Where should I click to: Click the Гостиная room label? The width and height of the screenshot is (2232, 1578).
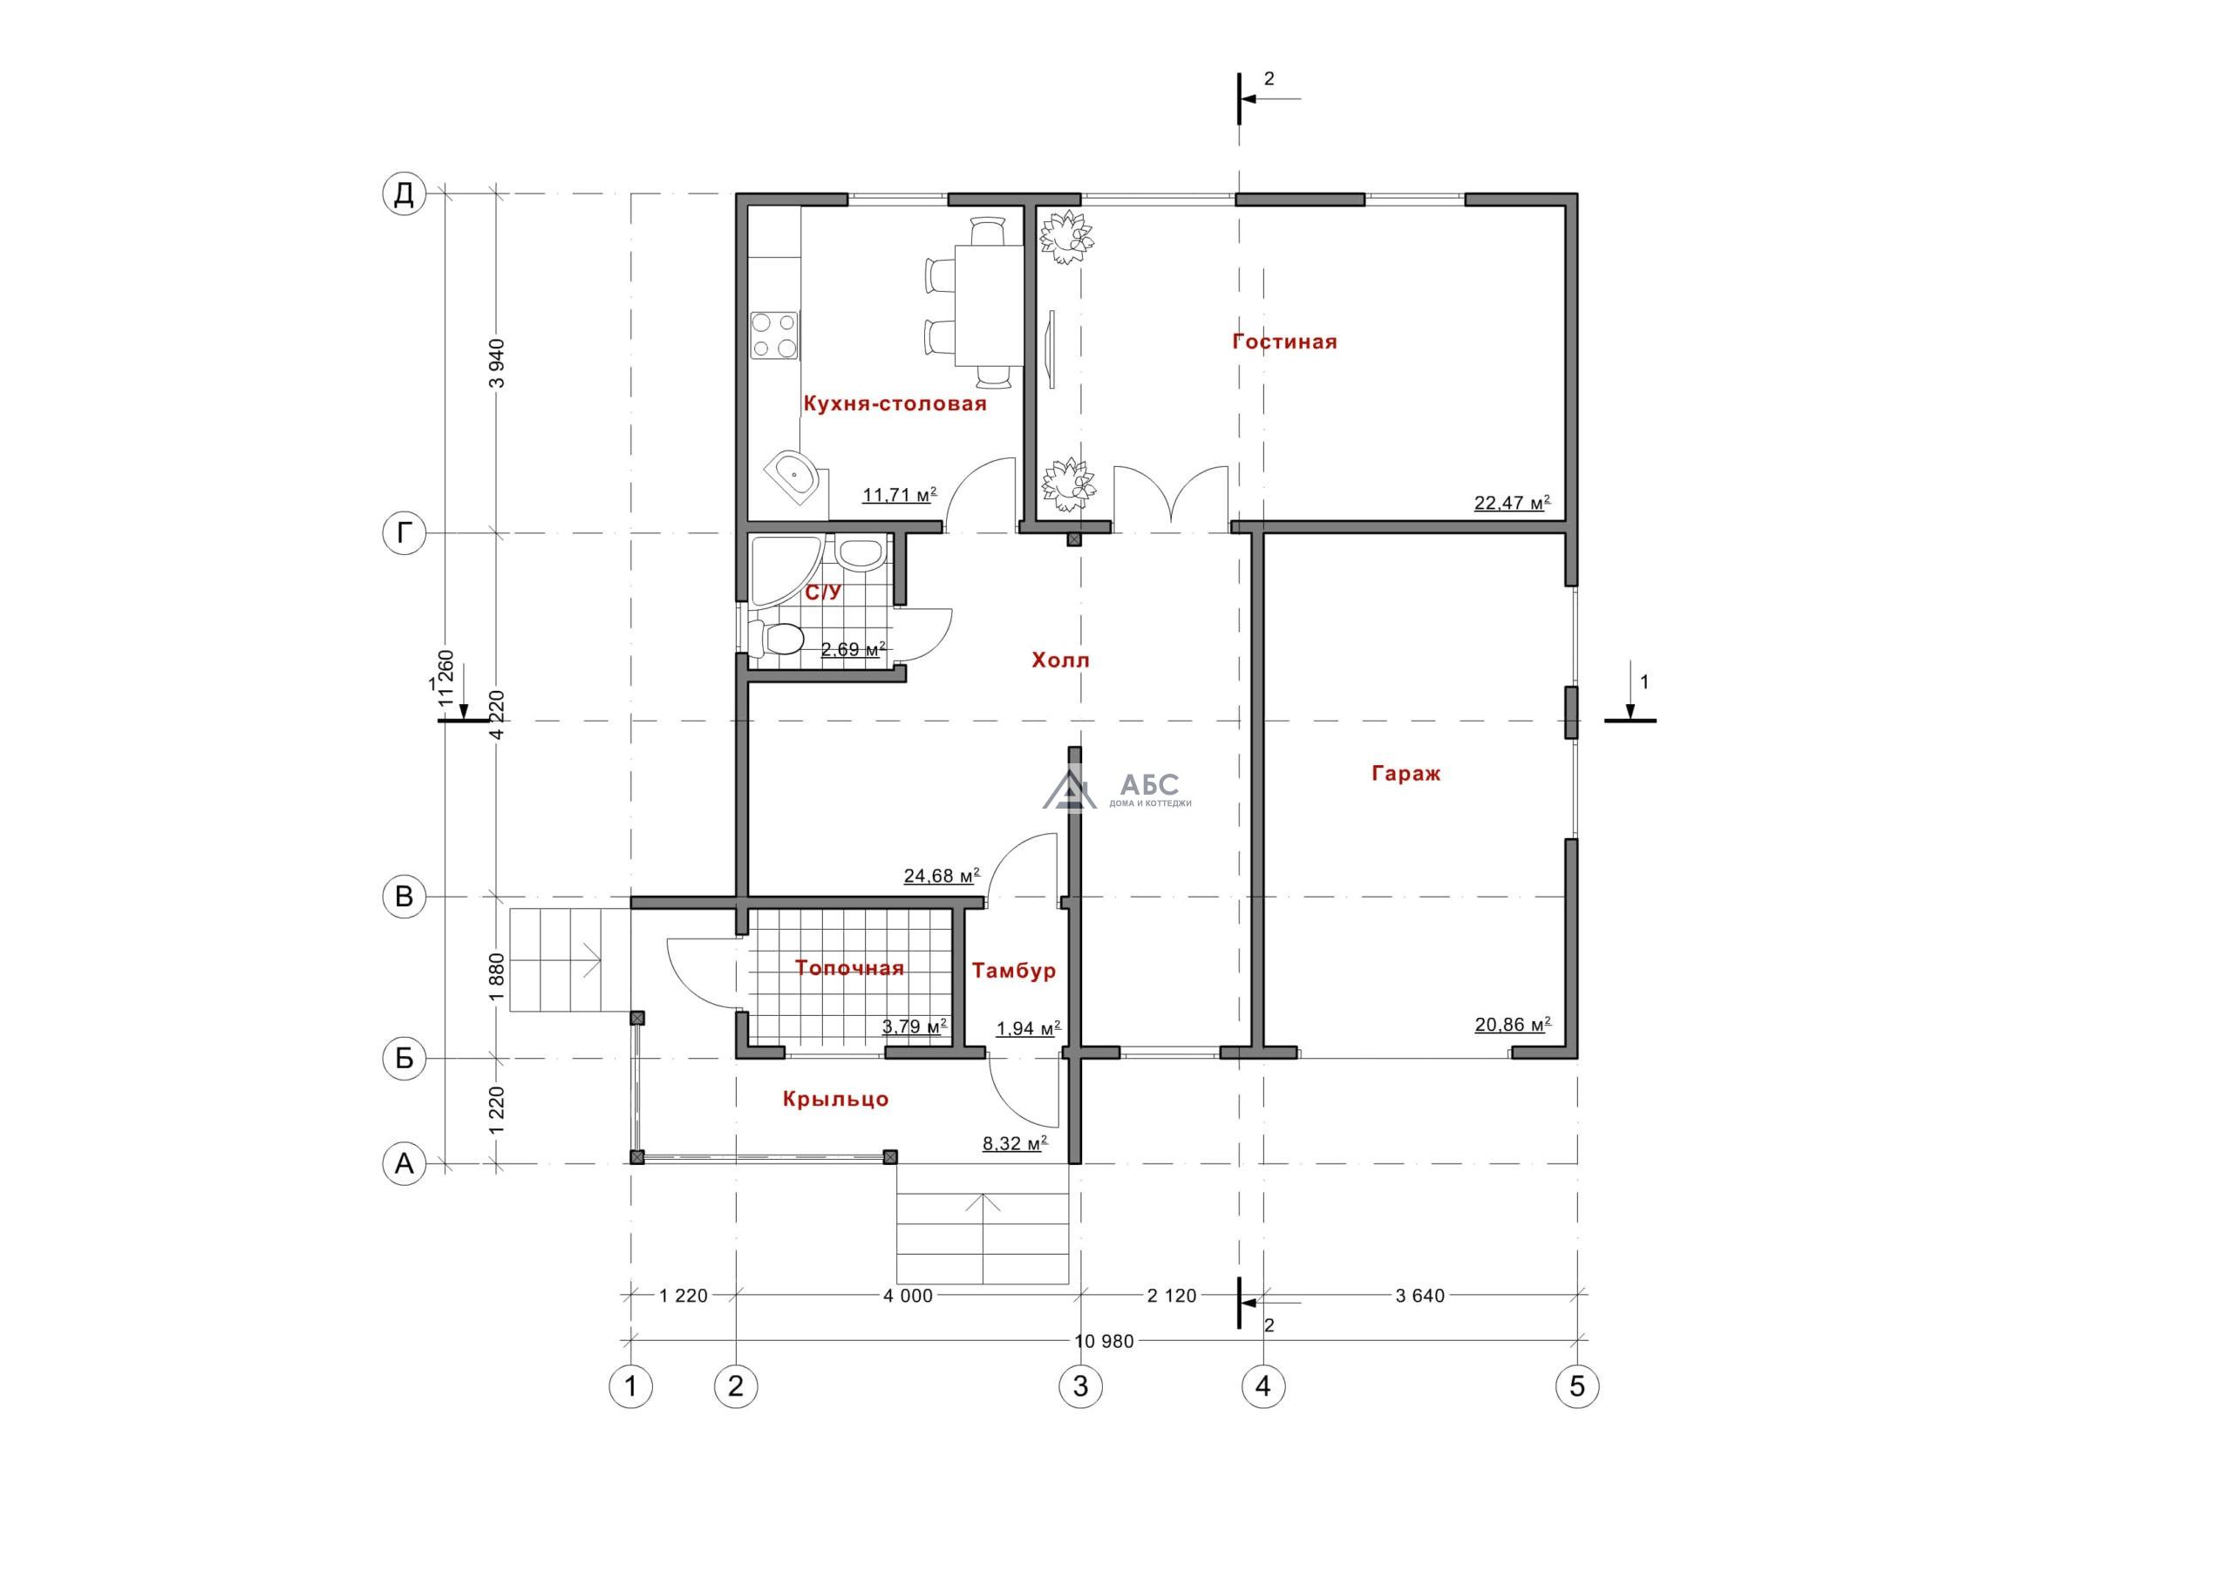point(1284,342)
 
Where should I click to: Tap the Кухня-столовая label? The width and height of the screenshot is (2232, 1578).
point(895,404)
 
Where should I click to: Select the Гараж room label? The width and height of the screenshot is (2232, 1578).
point(1405,775)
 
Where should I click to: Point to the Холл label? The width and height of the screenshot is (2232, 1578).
point(1060,660)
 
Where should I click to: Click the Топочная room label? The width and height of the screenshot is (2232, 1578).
point(849,968)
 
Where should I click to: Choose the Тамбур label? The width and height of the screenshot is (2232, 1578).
point(1014,971)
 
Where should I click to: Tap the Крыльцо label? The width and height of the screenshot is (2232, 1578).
point(836,1099)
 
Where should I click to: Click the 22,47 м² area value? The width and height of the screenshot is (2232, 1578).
point(1512,503)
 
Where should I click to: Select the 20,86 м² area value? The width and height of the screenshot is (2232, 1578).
point(1512,1024)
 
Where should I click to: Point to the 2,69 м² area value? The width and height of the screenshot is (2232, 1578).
point(854,648)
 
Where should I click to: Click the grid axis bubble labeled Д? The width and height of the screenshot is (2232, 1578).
point(404,193)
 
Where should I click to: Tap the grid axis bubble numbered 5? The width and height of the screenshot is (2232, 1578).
point(1577,1385)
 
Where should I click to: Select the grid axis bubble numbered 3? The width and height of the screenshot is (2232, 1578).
point(1080,1385)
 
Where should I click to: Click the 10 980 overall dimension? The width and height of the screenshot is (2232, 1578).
point(1105,1341)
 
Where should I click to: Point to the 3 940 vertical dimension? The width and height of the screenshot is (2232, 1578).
point(498,362)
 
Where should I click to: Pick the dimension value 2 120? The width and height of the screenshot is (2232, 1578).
point(1172,1295)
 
